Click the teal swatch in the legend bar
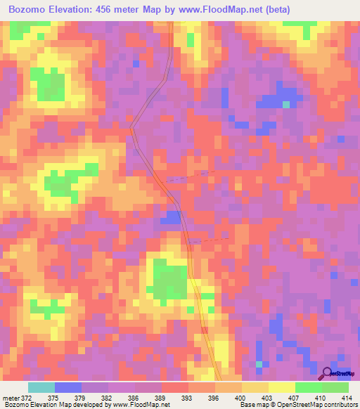tap(41, 387)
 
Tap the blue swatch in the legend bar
tap(67, 387)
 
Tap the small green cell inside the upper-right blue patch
tap(286, 104)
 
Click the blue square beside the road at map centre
tap(169, 219)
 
